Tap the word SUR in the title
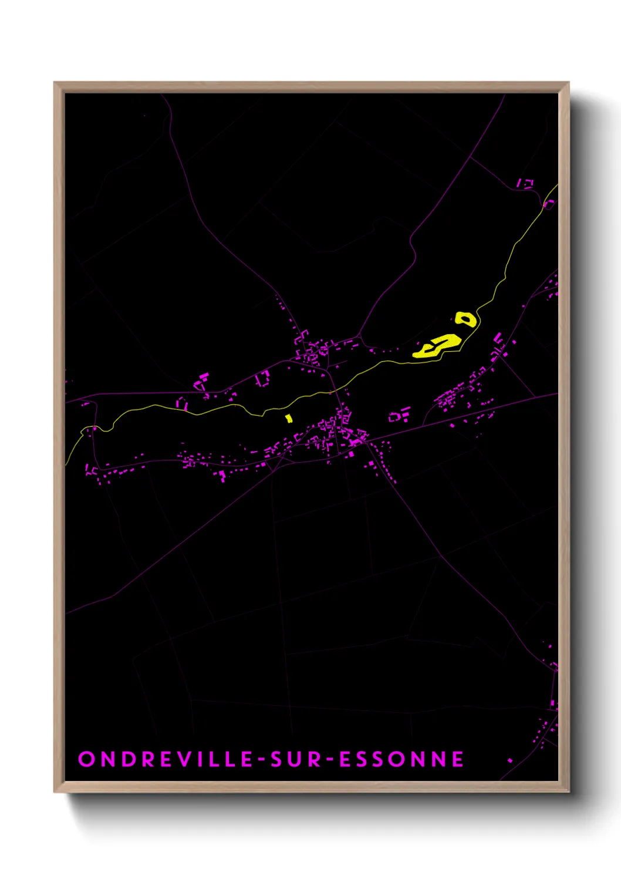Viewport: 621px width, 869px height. [x=296, y=759]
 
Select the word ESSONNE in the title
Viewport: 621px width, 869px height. [x=401, y=759]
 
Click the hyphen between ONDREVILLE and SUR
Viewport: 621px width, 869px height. [x=262, y=760]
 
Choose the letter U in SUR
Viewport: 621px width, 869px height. [x=296, y=759]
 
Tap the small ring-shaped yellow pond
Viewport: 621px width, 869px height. [x=466, y=319]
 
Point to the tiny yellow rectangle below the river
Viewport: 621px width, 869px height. [x=289, y=418]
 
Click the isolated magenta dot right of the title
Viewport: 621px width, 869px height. [x=509, y=760]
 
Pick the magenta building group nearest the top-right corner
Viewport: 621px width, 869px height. [x=524, y=184]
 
